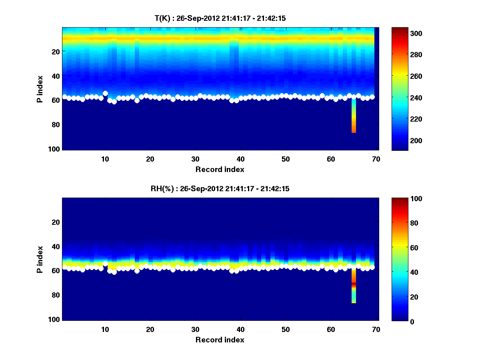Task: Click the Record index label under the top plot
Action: (220, 169)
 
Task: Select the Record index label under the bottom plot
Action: (220, 340)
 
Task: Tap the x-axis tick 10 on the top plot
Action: (105, 159)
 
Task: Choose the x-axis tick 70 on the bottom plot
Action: (376, 329)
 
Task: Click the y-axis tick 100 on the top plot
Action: (55, 149)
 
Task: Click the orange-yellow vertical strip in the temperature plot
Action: (354, 118)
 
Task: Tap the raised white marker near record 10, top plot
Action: (105, 94)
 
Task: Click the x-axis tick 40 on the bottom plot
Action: (240, 329)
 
